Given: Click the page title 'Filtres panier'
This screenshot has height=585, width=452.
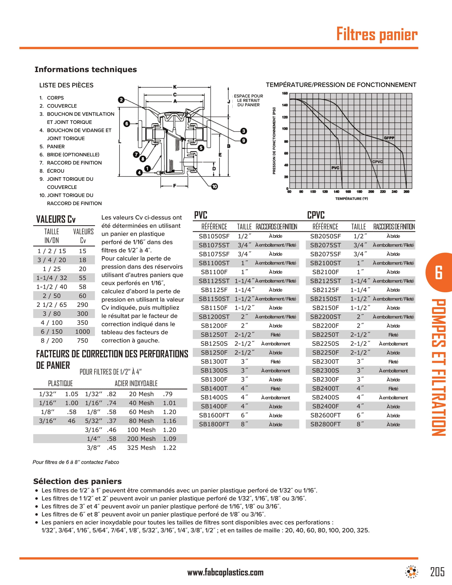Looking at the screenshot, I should tap(376, 34).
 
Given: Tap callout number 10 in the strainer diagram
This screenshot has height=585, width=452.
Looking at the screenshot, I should tap(215, 186).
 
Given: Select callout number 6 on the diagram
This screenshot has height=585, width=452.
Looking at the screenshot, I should tap(127, 123).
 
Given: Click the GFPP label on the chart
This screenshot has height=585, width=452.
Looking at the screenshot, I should tap(389, 138).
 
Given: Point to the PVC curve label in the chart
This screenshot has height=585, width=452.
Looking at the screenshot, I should tap(335, 168).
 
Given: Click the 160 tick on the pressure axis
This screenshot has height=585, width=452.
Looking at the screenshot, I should tap(285, 93).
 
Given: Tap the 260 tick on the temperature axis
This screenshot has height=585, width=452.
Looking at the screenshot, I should tap(406, 191).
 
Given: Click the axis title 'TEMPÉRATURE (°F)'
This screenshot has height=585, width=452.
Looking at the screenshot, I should tap(351, 198).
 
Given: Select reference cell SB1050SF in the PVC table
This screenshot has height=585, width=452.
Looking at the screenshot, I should tap(214, 236).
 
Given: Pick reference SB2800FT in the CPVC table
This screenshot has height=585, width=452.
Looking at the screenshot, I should tap(325, 424).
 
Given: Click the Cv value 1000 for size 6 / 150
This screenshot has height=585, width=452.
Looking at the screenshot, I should tap(82, 332).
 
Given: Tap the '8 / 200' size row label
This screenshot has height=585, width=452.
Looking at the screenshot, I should tap(51, 340).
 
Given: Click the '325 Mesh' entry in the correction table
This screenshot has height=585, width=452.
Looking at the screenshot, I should tap(141, 448).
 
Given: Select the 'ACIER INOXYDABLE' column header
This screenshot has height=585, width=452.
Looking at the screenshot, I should tap(136, 383).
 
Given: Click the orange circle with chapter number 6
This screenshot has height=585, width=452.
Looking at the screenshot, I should tap(439, 272).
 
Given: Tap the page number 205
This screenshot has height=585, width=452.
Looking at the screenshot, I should tap(437, 572).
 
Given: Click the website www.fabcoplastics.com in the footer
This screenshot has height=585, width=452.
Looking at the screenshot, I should tap(225, 573).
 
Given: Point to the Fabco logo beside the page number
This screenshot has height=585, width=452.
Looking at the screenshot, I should tap(411, 572).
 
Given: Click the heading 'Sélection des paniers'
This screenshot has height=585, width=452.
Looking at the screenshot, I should tap(77, 481).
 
